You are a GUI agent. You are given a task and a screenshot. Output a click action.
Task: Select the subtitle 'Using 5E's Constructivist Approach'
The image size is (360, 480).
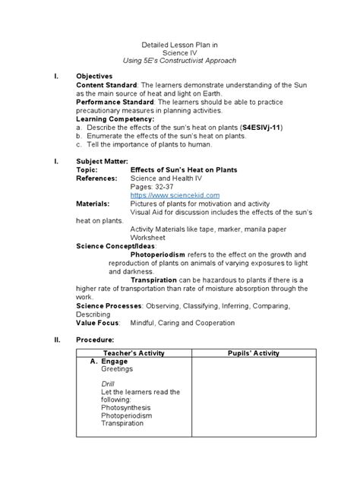180,59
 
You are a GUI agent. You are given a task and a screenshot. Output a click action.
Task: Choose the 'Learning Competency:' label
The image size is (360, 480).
115,118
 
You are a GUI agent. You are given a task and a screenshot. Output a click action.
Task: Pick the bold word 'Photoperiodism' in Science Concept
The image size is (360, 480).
158,254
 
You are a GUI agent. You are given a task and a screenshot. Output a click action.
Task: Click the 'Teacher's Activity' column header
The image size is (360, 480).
133,354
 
